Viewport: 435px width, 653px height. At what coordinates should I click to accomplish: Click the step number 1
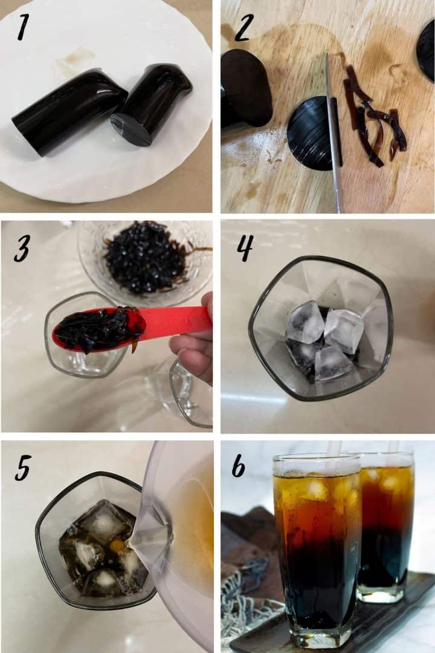[23, 27]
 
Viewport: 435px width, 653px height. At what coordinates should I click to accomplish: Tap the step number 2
[242, 28]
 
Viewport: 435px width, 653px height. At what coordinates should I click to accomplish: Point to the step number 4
[244, 248]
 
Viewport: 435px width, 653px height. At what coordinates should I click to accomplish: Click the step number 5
[22, 467]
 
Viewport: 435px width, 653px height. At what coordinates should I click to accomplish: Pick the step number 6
[239, 466]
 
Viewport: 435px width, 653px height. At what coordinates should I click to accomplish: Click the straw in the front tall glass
[333, 450]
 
